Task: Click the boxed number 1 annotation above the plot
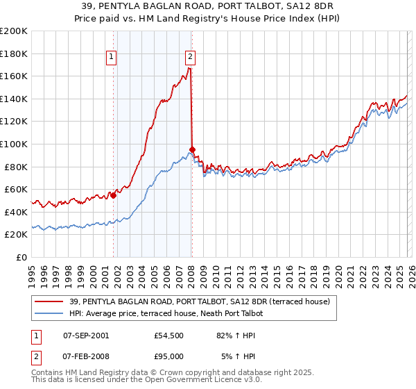point(112,58)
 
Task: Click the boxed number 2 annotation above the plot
point(190,58)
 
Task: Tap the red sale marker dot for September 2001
point(113,195)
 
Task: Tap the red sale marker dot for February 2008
point(192,149)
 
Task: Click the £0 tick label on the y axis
point(22,257)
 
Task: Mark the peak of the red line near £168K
point(189,68)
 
